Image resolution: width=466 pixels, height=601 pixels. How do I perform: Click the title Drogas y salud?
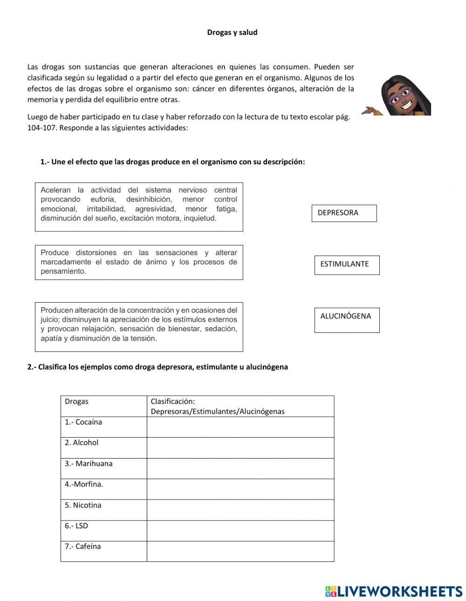click(x=232, y=33)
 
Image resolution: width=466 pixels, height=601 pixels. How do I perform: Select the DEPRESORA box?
click(x=344, y=213)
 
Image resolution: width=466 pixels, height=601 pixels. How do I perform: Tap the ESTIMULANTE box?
click(x=347, y=265)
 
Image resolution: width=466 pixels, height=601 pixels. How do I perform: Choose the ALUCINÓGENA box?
click(x=347, y=320)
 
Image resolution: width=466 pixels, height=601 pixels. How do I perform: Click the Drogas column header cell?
click(x=103, y=406)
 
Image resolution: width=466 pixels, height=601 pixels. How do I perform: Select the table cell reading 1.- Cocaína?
click(x=103, y=427)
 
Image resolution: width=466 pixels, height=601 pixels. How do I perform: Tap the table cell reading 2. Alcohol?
click(x=103, y=447)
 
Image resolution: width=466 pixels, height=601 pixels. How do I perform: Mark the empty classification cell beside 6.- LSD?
click(x=240, y=530)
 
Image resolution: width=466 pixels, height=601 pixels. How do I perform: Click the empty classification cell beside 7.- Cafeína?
click(x=240, y=551)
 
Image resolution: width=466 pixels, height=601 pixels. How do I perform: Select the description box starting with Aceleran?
click(x=139, y=207)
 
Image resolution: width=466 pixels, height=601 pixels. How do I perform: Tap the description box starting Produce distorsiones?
click(x=139, y=262)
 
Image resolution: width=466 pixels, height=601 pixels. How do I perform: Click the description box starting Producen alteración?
click(x=139, y=326)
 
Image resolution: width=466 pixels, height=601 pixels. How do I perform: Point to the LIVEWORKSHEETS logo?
click(x=394, y=591)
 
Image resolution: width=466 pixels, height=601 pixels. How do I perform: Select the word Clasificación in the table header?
click(x=172, y=401)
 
